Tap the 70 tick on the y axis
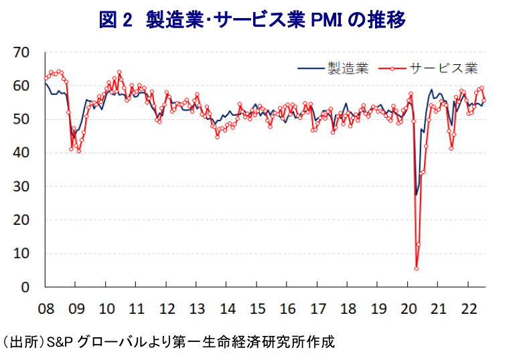(22, 52)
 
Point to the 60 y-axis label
(22, 86)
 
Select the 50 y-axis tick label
(22, 119)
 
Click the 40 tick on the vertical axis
(22, 153)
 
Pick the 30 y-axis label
(22, 186)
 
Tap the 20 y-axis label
(22, 219)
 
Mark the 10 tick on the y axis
(22, 253)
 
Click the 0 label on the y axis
(27, 287)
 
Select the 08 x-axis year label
(46, 309)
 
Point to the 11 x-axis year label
(137, 309)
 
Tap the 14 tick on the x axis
(228, 309)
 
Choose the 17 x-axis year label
(318, 309)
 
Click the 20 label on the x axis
(408, 309)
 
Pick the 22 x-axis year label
(469, 309)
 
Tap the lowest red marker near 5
(417, 268)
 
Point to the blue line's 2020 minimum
(416, 195)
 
